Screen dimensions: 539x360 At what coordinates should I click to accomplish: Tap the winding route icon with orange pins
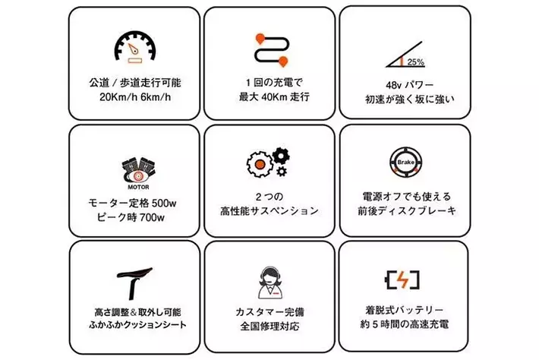[x=272, y=50]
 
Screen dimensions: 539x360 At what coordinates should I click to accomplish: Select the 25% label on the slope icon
[x=415, y=62]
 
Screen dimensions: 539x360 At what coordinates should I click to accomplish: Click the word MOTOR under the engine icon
[x=138, y=187]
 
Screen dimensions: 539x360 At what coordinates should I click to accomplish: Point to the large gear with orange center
[x=260, y=164]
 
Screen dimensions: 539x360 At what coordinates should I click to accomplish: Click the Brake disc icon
[x=405, y=163]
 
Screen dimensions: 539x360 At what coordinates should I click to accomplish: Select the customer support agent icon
[x=270, y=283]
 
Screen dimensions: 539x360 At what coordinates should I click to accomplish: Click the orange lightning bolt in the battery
[x=402, y=279]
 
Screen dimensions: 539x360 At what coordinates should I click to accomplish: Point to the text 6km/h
[x=156, y=97]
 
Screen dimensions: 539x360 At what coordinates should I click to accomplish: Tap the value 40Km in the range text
[x=274, y=97]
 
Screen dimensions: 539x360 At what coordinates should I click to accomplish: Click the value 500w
[x=164, y=204]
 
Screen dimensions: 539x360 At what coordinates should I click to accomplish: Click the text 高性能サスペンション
[x=269, y=211]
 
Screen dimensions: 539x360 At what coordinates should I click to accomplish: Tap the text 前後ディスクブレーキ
[x=407, y=211]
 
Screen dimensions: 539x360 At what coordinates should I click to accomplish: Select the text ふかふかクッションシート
[x=137, y=324]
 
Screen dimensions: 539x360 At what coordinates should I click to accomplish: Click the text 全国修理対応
[x=269, y=326]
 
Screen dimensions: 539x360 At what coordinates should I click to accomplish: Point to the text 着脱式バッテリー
[x=404, y=310]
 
